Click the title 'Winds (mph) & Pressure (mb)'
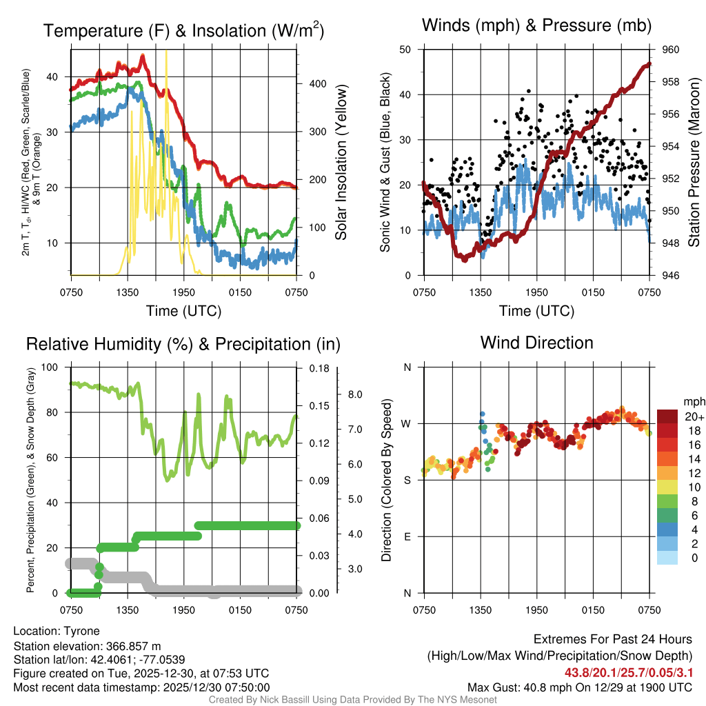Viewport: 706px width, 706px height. (x=536, y=26)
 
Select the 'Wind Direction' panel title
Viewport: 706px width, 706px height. (x=536, y=343)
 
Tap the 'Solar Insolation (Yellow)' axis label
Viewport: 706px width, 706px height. (x=341, y=163)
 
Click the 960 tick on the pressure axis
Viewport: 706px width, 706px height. (x=672, y=50)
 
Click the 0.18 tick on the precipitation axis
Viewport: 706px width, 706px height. (x=316, y=369)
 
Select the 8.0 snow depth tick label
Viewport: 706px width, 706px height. (x=356, y=395)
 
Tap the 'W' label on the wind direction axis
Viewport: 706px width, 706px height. (x=407, y=423)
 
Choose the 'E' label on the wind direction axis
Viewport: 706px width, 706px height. (x=407, y=536)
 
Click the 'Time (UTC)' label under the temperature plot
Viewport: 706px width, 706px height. (x=184, y=311)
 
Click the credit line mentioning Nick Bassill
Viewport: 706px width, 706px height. (x=352, y=699)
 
